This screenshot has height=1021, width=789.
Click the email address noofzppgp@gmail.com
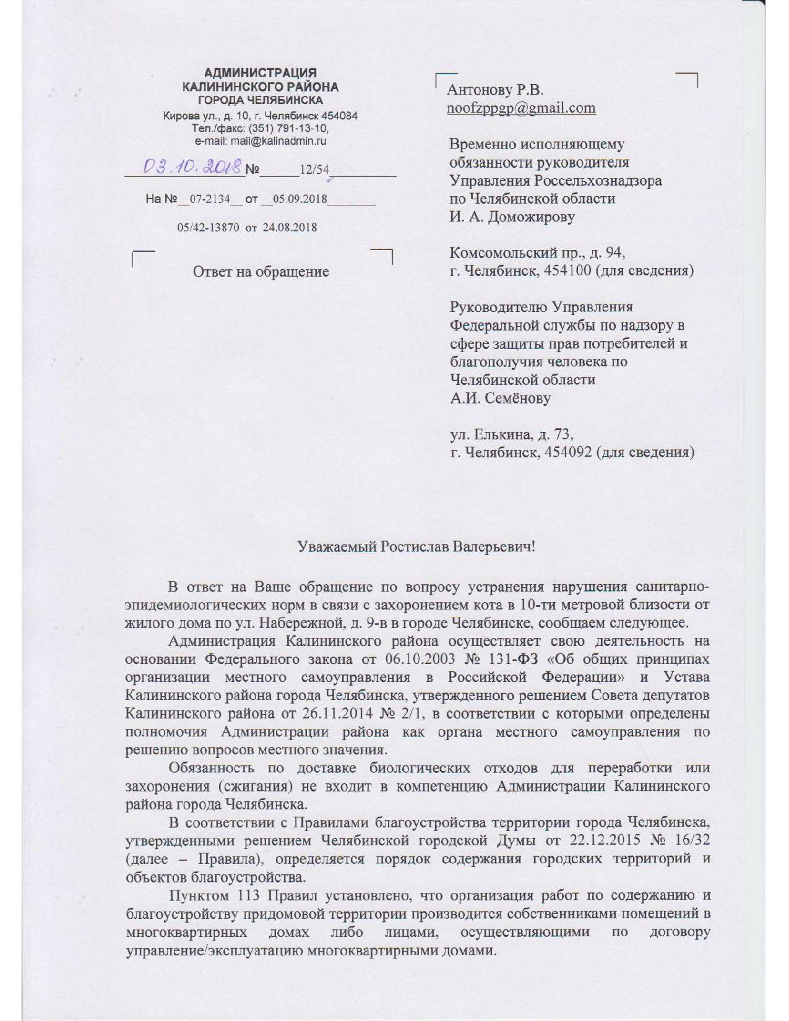coord(521,108)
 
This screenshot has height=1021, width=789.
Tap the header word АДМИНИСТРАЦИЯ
coord(261,74)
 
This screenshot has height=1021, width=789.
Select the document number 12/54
coord(314,170)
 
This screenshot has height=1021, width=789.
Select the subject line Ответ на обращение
coord(261,272)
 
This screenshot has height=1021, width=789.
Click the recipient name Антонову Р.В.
coord(495,90)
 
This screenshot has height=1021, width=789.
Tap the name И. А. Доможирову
coord(512,217)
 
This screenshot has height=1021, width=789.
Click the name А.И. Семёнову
coord(500,398)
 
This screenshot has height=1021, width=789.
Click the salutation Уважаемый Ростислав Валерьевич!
coord(416,547)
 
